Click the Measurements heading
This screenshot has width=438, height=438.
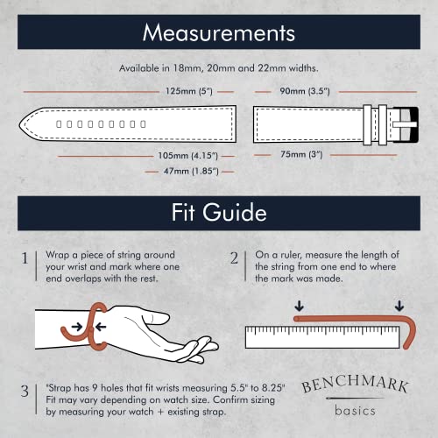(218, 34)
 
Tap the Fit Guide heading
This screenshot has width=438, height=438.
(218, 213)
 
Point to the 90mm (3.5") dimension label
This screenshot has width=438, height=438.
(299, 90)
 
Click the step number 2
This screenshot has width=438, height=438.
(235, 258)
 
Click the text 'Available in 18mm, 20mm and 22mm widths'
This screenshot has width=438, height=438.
(218, 68)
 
